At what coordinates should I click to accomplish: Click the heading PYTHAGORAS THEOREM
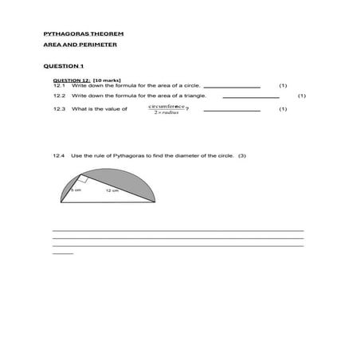click(x=83, y=34)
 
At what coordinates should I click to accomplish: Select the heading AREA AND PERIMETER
click(x=80, y=45)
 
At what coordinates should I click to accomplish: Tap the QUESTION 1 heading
click(x=63, y=65)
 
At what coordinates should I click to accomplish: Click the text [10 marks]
click(x=107, y=80)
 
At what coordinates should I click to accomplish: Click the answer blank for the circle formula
click(x=233, y=87)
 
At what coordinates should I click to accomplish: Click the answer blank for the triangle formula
click(x=250, y=97)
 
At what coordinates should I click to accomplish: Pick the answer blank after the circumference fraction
click(x=233, y=111)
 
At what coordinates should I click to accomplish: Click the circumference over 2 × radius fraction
click(x=166, y=109)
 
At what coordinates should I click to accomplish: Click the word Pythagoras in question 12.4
click(x=127, y=156)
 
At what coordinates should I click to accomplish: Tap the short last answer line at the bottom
click(x=62, y=253)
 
